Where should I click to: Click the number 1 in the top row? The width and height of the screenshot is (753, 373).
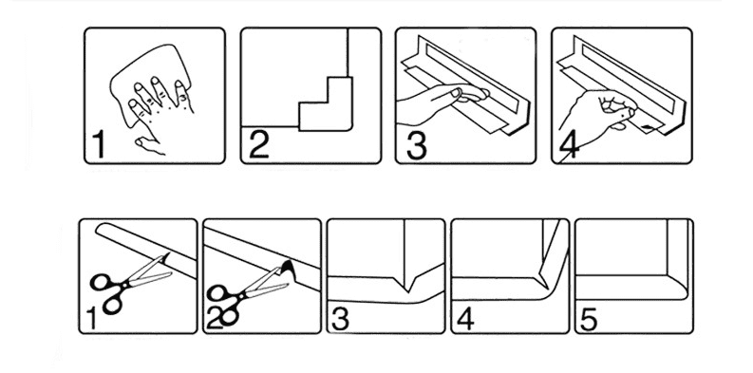tap(99, 144)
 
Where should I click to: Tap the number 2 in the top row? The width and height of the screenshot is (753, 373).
tap(259, 144)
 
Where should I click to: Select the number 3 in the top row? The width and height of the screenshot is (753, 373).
tap(416, 145)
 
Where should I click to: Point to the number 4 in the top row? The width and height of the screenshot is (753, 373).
tap(569, 145)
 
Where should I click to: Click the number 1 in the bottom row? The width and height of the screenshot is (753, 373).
tap(91, 319)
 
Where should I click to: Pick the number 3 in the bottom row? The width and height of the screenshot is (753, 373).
tap(341, 319)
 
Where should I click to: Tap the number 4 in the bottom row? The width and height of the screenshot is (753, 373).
tap(465, 319)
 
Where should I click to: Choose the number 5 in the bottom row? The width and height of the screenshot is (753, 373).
tap(589, 320)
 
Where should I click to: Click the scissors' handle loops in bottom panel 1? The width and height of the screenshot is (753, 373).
tap(107, 292)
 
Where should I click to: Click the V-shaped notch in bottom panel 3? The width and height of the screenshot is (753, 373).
tap(406, 282)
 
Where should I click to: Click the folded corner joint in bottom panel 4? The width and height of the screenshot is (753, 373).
tap(546, 278)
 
